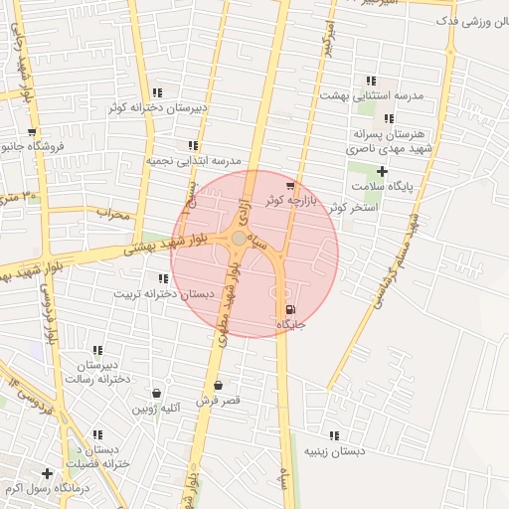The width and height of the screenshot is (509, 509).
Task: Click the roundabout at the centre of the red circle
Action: pos(239,239)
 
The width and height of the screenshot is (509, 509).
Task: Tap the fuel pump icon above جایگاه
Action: pos(289,309)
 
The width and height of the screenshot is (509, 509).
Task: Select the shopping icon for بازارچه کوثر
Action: pos(289,185)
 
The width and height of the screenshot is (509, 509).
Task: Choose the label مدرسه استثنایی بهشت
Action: pos(371,94)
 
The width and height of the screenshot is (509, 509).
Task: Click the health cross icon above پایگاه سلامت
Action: pos(382,171)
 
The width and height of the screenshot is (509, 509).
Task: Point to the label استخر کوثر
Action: pos(375,208)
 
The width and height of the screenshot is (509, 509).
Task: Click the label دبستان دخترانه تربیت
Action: pos(163,293)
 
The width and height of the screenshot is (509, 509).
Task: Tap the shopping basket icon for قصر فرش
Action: pos(218,385)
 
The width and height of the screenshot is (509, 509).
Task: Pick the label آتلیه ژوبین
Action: pos(158,409)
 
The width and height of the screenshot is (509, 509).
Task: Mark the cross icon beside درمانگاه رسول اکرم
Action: pos(47,473)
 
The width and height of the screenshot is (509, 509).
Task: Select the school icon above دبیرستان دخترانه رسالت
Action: pos(97,350)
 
